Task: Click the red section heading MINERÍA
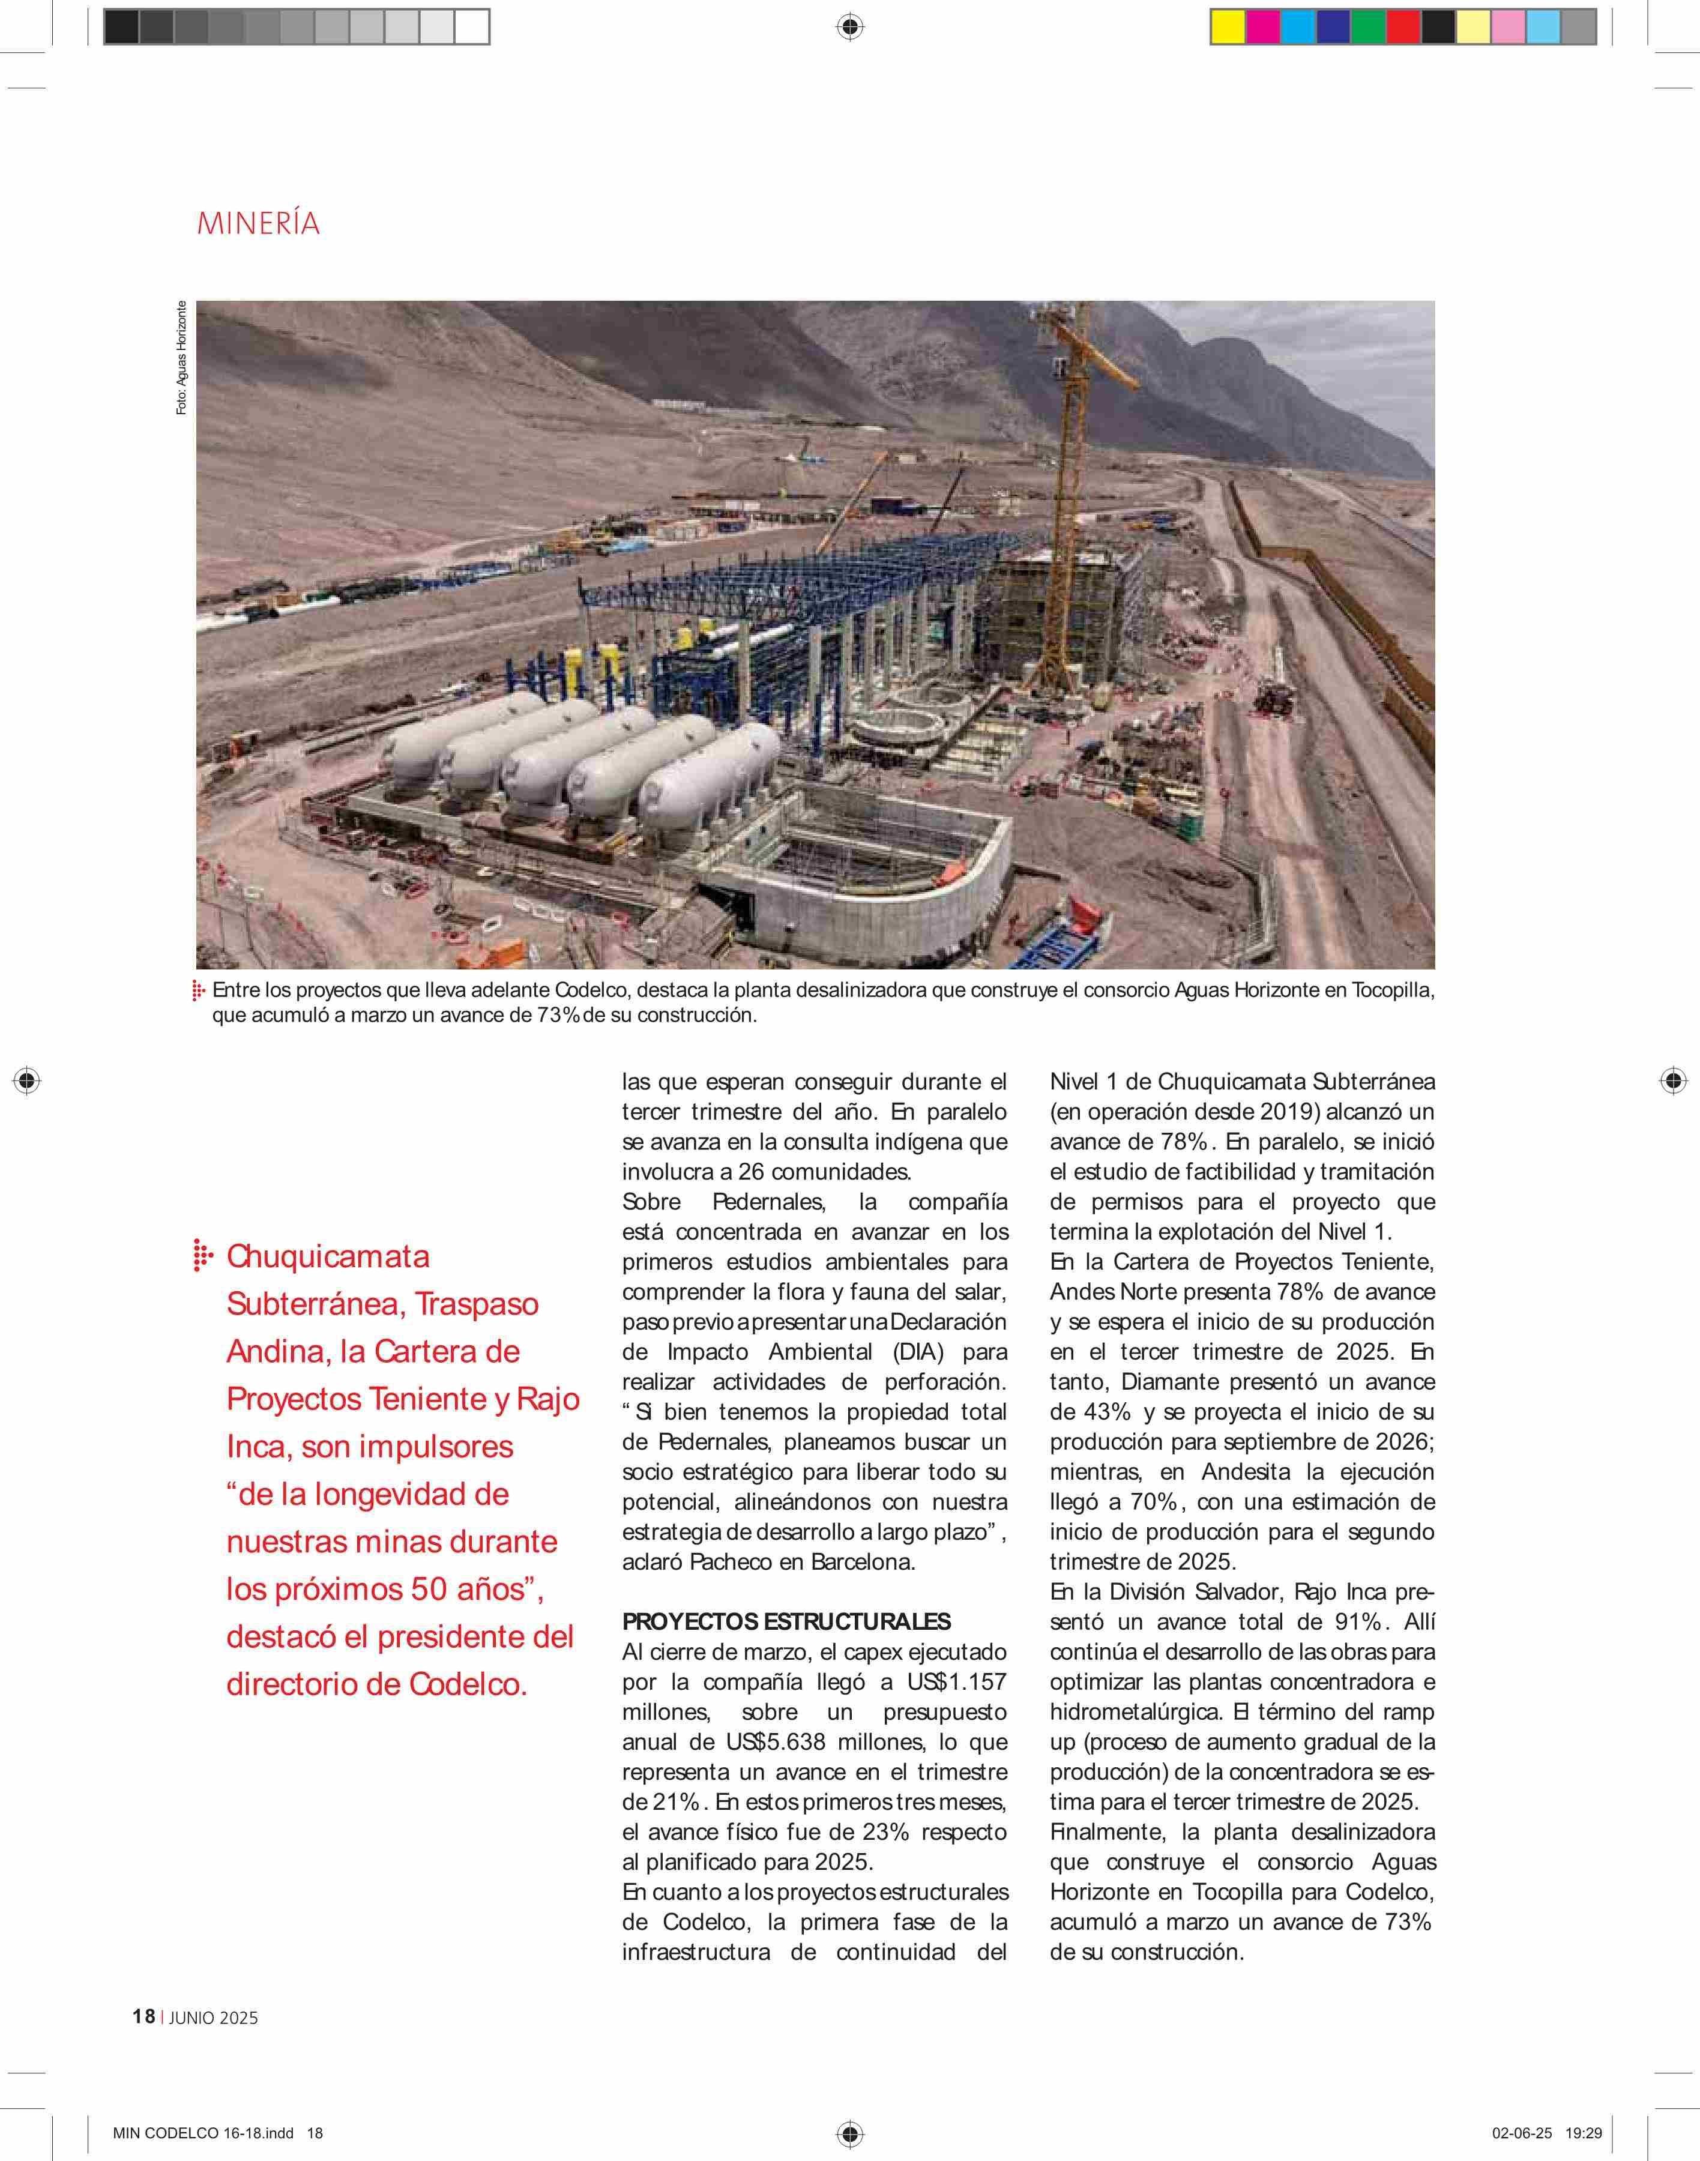258,223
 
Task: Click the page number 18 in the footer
143,2017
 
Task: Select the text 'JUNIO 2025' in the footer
214,2018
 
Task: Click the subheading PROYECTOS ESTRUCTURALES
786,1621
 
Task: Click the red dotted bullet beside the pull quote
202,1256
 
